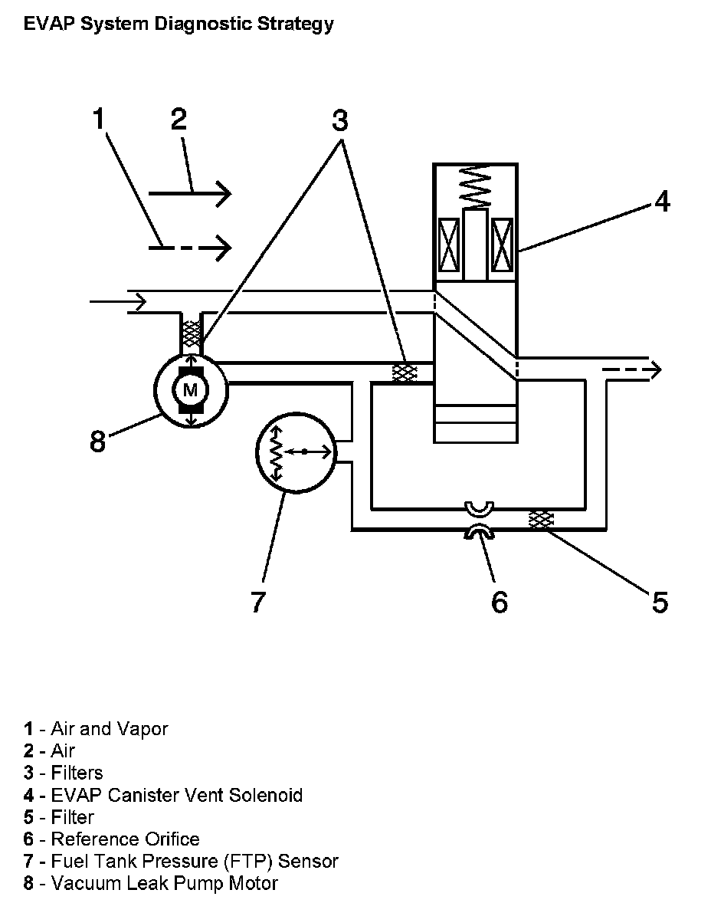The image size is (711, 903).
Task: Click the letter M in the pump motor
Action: (190, 390)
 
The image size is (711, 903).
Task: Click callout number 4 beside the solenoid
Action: (662, 202)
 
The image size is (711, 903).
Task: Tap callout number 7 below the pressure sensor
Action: (258, 601)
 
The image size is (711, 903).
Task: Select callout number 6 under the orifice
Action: (499, 602)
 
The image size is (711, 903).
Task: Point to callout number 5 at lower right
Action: (660, 602)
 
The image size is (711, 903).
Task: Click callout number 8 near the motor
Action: (98, 442)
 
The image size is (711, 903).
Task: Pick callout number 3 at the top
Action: (339, 120)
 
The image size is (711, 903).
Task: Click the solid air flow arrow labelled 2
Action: (190, 193)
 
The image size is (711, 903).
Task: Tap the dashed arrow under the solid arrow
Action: (190, 248)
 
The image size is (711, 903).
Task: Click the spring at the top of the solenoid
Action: (476, 186)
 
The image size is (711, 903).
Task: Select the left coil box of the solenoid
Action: (449, 245)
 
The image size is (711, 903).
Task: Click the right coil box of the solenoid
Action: (502, 245)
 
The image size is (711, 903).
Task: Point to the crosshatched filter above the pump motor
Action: (191, 333)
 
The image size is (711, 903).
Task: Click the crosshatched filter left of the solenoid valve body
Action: (404, 373)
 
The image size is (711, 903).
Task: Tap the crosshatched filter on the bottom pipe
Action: (541, 520)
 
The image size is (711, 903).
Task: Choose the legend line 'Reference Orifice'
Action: (112, 839)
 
